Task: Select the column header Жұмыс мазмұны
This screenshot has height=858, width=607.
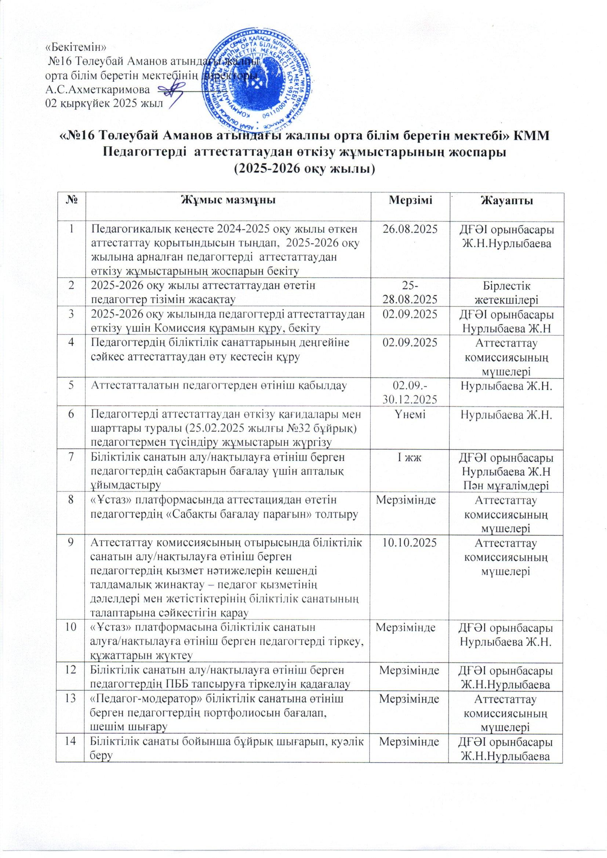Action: [229, 202]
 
